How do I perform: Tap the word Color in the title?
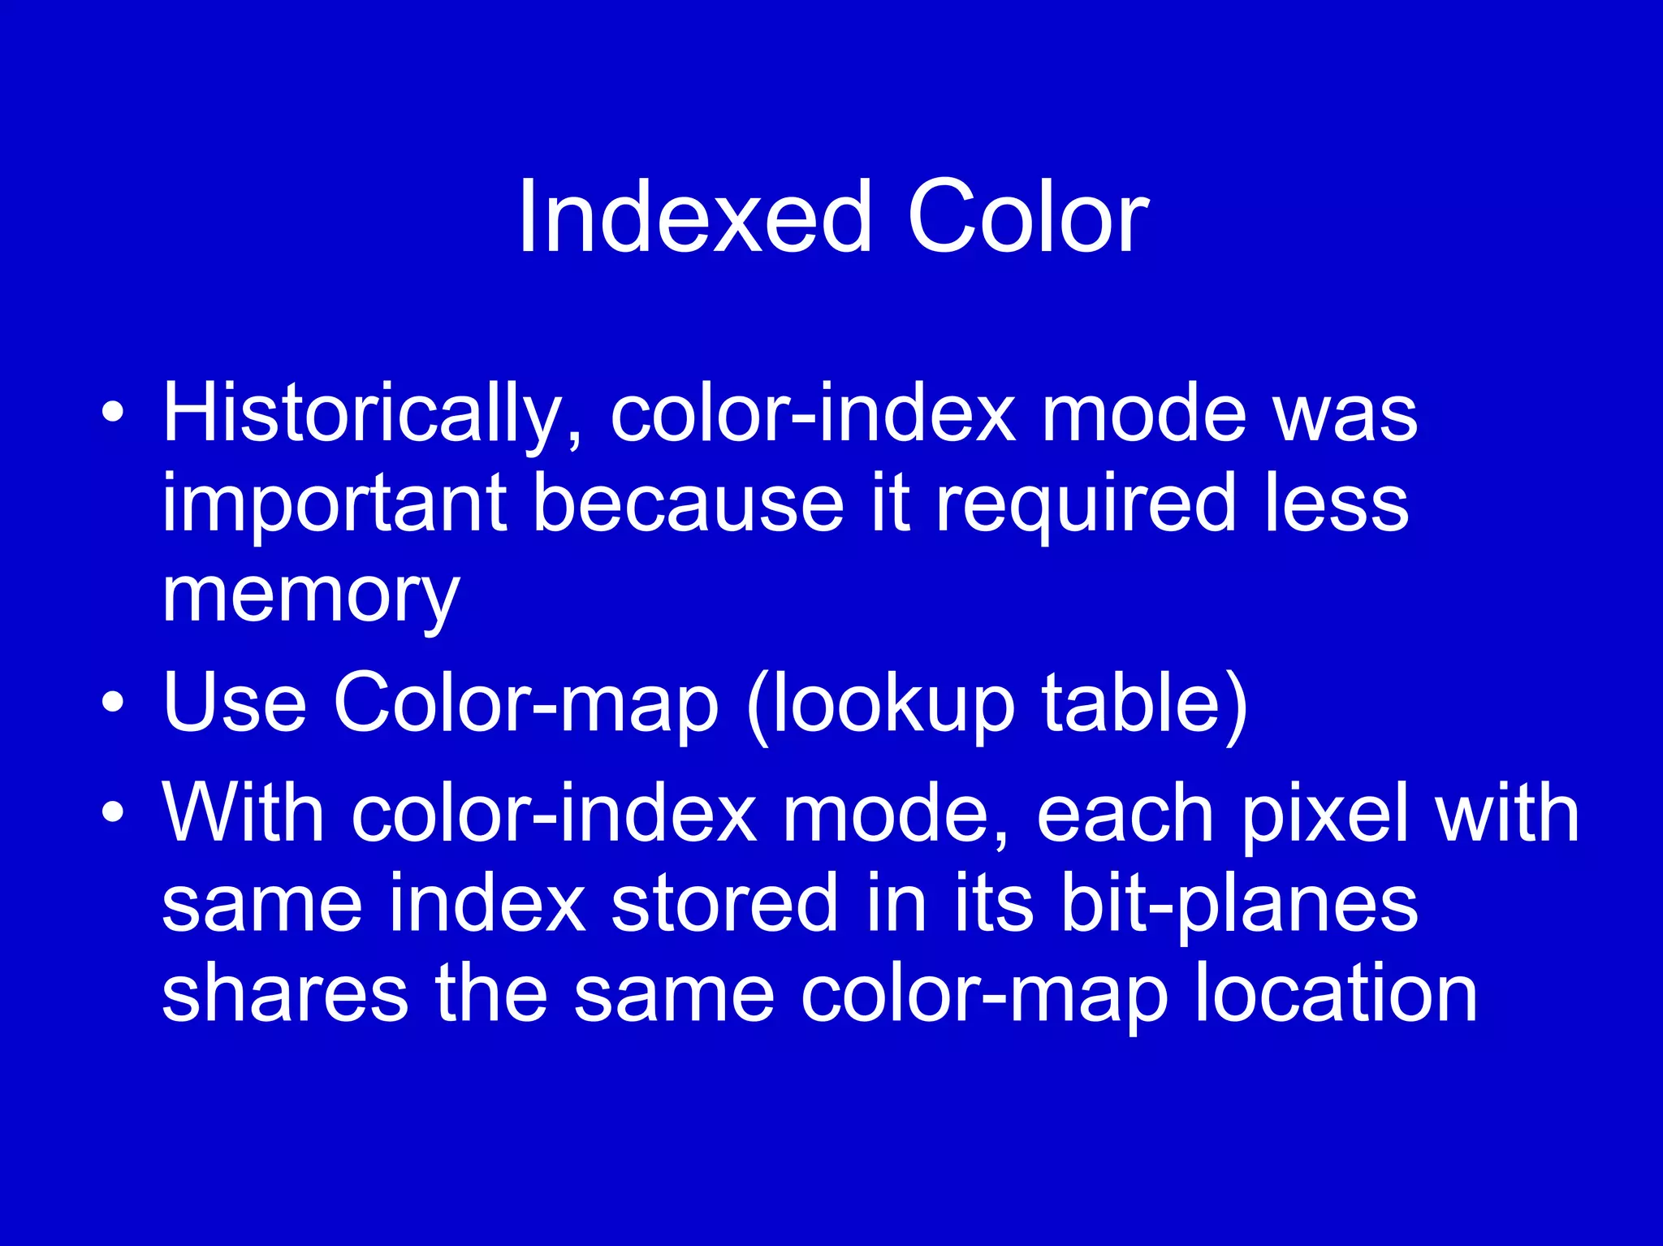1027,218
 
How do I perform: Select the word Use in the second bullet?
235,703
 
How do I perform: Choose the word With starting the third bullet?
244,812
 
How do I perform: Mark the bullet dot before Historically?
114,414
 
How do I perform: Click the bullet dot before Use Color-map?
114,702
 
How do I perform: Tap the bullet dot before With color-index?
114,812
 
